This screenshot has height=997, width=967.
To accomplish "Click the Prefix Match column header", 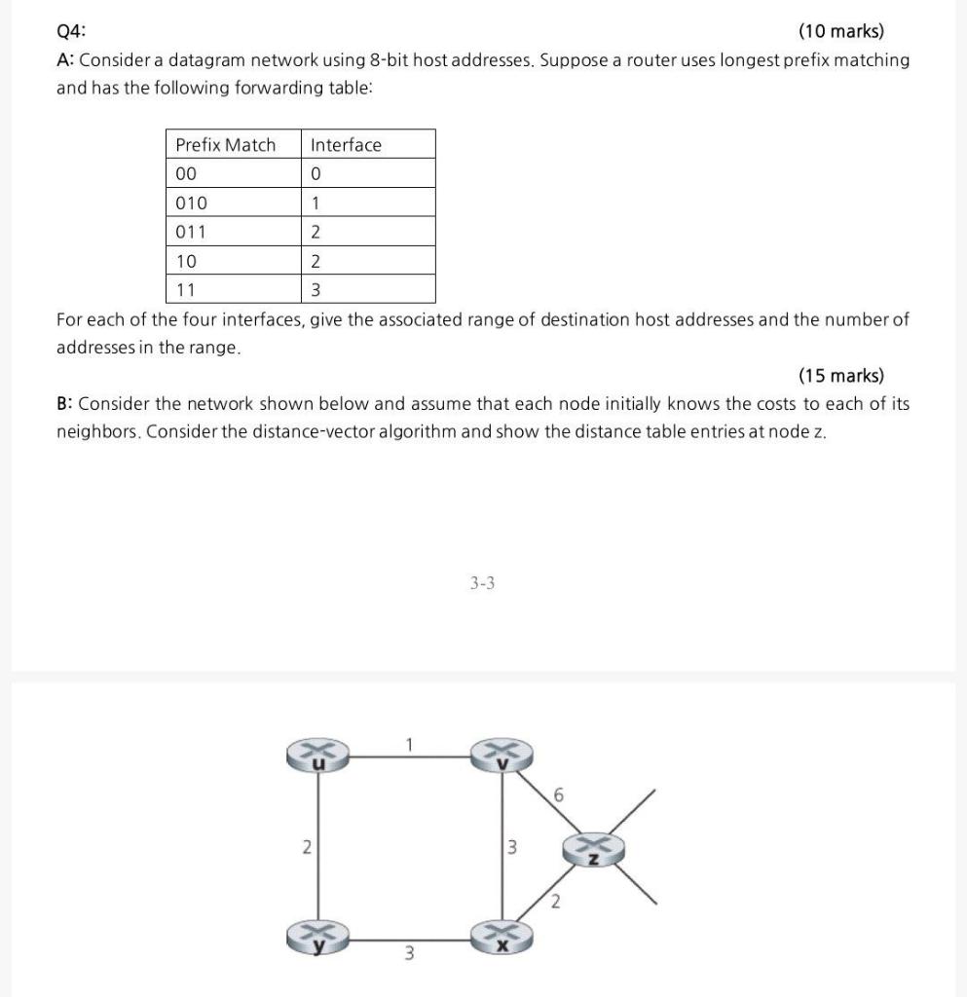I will [225, 145].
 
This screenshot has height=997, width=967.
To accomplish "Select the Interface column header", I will [346, 145].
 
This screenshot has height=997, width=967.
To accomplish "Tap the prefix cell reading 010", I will [191, 203].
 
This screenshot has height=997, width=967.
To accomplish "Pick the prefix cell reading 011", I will [191, 232].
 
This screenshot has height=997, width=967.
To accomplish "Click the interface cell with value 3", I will [316, 290].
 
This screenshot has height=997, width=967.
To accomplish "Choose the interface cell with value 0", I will [316, 174].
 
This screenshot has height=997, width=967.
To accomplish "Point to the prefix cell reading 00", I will [186, 174].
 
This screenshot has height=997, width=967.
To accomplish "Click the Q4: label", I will [72, 31].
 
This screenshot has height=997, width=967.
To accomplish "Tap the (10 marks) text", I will [840, 31].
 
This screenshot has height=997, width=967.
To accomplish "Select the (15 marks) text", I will [840, 376].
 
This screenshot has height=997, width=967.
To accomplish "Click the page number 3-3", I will [482, 583].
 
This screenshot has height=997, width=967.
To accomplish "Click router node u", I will [316, 757].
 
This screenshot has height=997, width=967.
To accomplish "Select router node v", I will [502, 757].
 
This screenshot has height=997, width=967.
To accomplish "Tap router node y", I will [316, 937].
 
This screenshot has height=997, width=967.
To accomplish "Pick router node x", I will [502, 937].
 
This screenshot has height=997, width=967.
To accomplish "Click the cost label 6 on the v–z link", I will [557, 796].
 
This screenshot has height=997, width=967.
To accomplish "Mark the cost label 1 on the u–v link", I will [410, 745].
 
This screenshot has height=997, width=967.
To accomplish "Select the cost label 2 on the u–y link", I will [305, 847].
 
